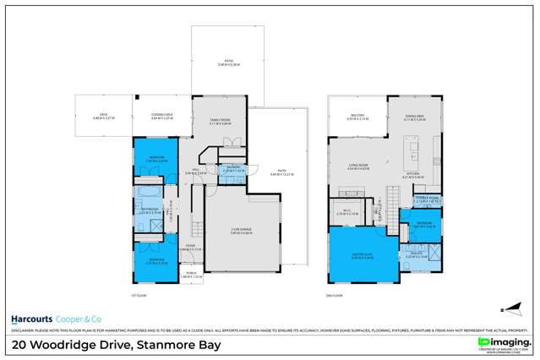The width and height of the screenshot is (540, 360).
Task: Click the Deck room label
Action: (101, 117)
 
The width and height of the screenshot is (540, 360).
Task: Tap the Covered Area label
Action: (161, 117)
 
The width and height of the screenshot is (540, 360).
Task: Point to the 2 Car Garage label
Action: (243, 231)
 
